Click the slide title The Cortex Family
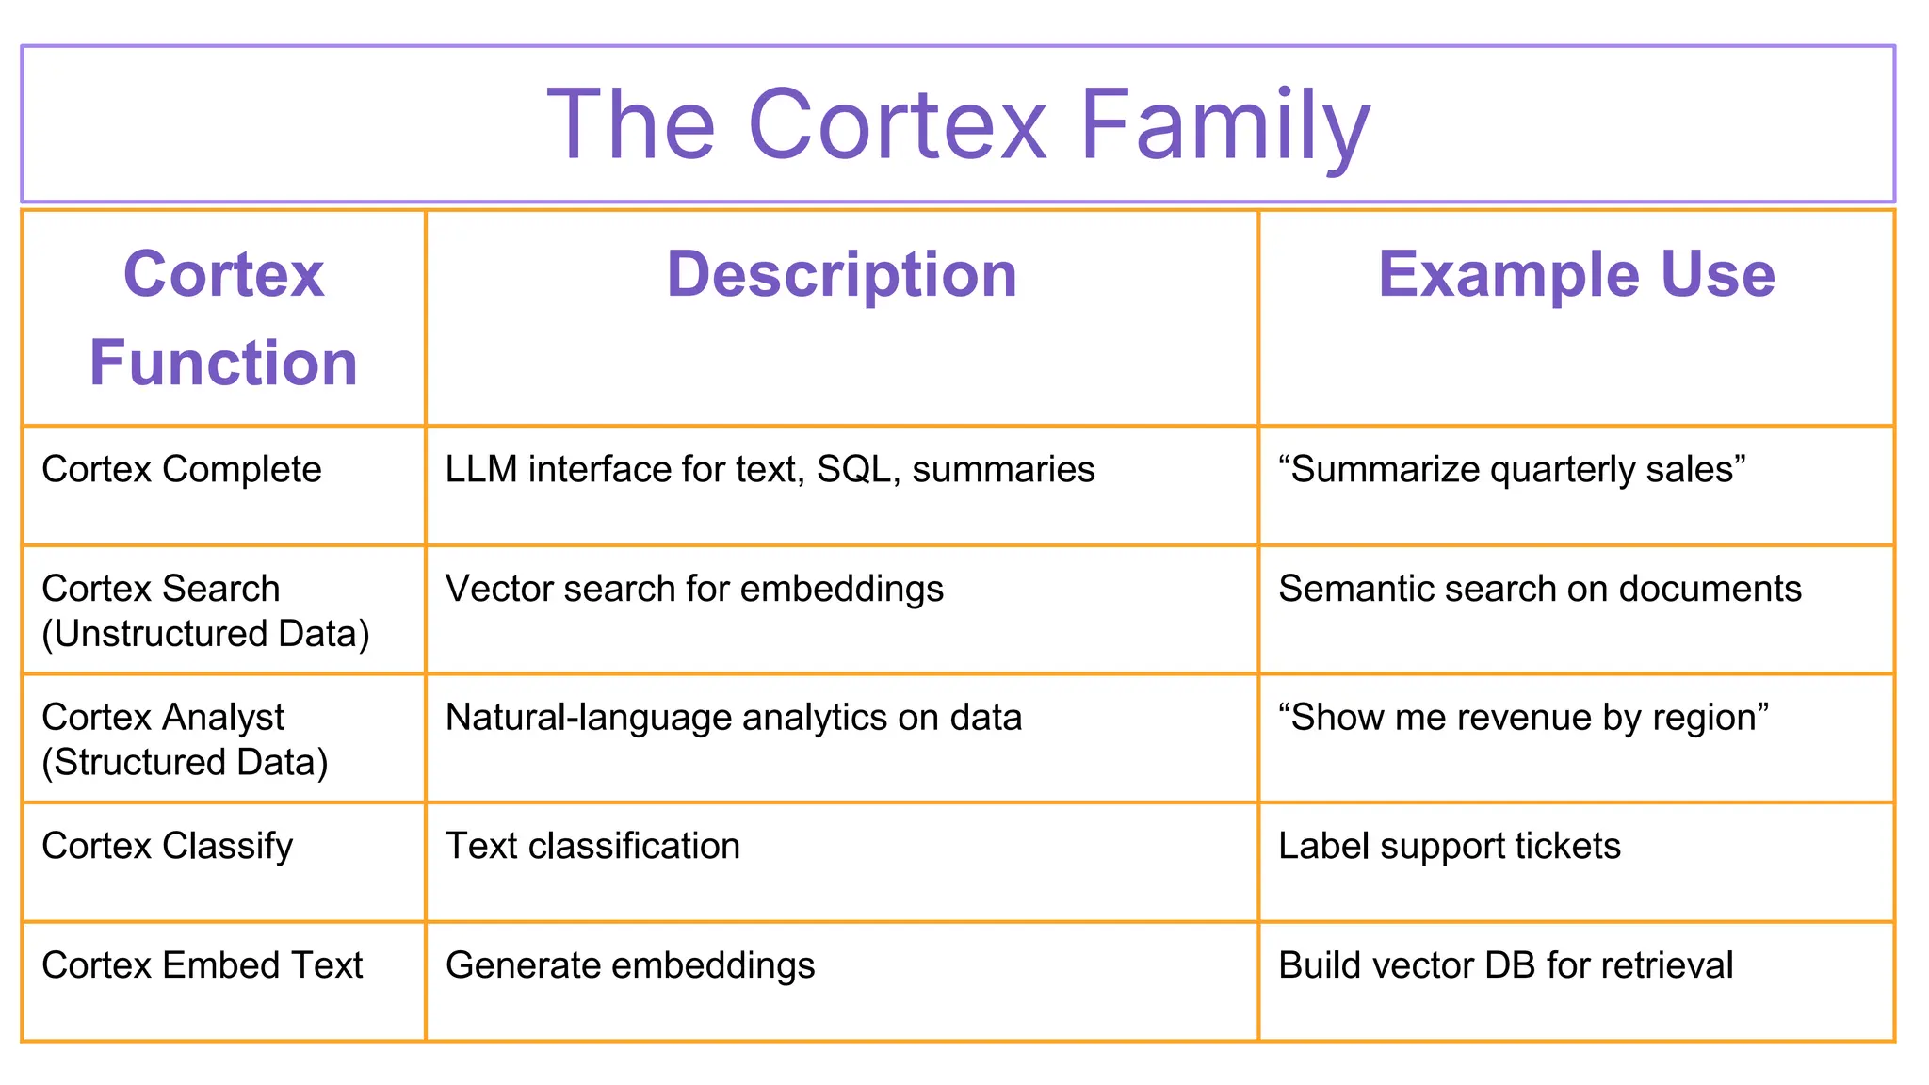pyautogui.click(x=958, y=124)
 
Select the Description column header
pyautogui.click(x=841, y=274)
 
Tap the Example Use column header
pyautogui.click(x=1576, y=274)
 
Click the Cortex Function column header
pyautogui.click(x=223, y=318)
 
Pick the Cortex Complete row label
pyautogui.click(x=182, y=469)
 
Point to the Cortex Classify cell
pyautogui.click(x=168, y=846)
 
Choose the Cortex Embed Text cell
pyautogui.click(x=203, y=965)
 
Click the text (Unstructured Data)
pyautogui.click(x=205, y=634)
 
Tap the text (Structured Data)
pyautogui.click(x=185, y=762)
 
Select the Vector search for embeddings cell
pyautogui.click(x=694, y=589)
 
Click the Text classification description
pyautogui.click(x=592, y=846)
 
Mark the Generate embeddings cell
pyautogui.click(x=630, y=965)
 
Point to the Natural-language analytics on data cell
pyautogui.click(x=734, y=718)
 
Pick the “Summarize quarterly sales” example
pyautogui.click(x=1512, y=469)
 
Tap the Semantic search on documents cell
pyautogui.click(x=1540, y=589)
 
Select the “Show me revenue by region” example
pyautogui.click(x=1523, y=718)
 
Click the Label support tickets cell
pyautogui.click(x=1450, y=846)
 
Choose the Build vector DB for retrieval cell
pyautogui.click(x=1505, y=965)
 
